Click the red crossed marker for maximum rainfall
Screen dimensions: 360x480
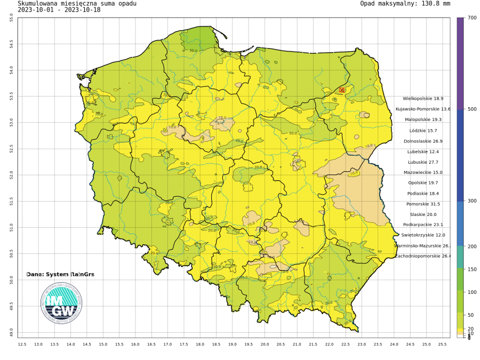[342, 90]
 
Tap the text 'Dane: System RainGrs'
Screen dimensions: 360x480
[60, 274]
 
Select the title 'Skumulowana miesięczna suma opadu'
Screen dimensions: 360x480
[77, 4]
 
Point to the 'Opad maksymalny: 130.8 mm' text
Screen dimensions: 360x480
[405, 4]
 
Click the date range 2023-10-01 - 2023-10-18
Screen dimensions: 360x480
[61, 10]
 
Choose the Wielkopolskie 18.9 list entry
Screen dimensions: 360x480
[423, 99]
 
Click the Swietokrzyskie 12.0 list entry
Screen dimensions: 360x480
[423, 235]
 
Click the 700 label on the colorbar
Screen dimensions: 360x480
[471, 18]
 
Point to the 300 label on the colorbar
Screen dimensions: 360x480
[471, 201]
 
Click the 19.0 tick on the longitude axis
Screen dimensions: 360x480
[232, 345]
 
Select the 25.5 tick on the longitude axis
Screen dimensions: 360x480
[442, 345]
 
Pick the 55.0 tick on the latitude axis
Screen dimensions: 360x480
[12, 18]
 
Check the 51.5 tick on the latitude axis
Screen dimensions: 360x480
[12, 201]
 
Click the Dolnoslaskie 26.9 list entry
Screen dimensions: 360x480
[423, 141]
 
